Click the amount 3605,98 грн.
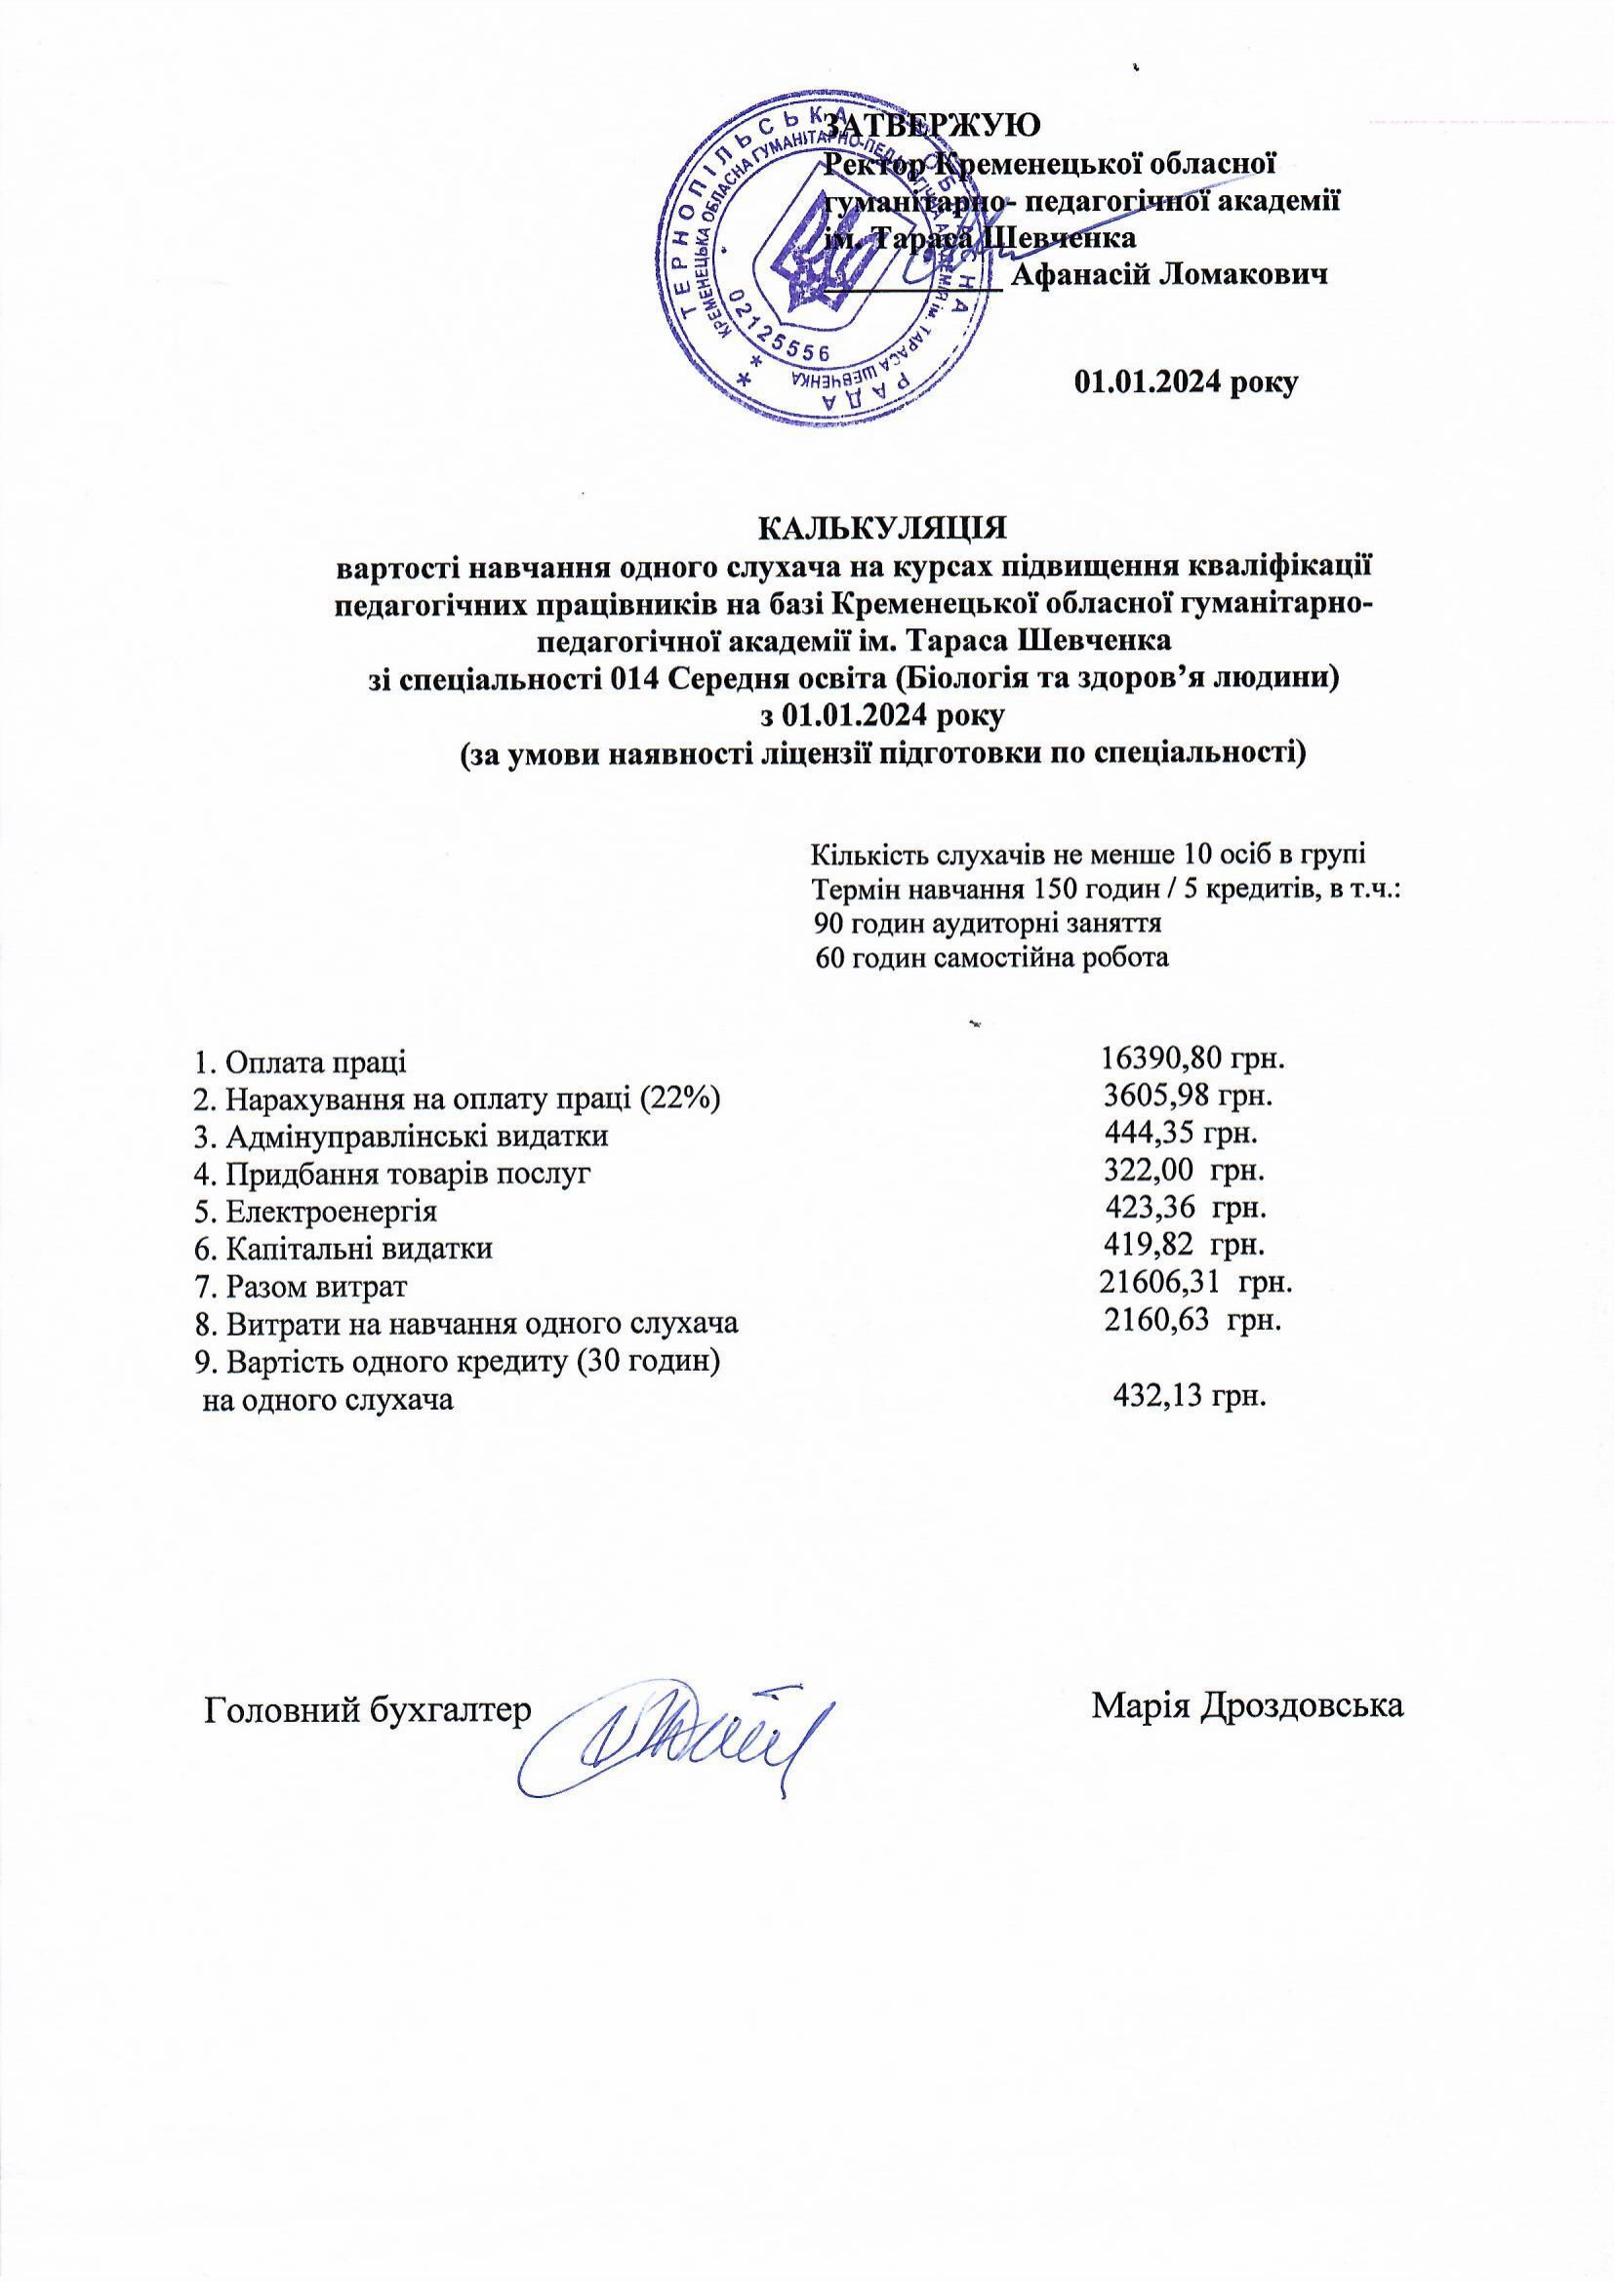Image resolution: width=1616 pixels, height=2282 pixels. pyautogui.click(x=1191, y=1098)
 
